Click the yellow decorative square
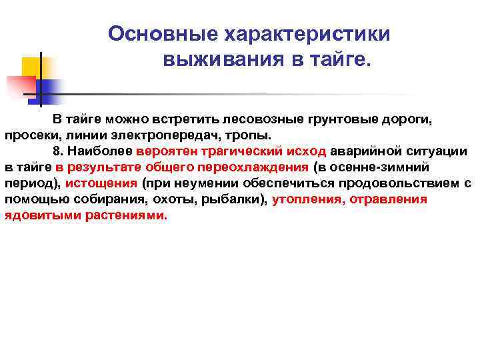click(33, 67)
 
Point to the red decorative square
click(20, 85)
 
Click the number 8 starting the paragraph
click(57, 151)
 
